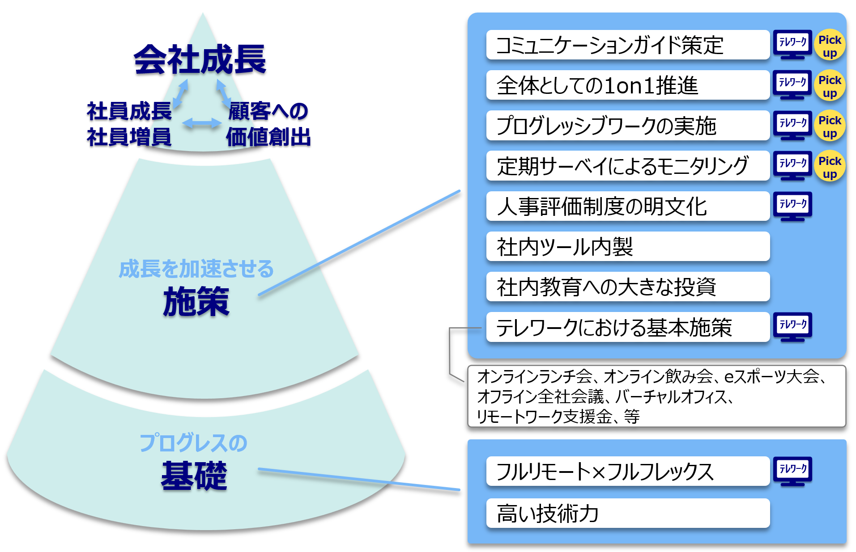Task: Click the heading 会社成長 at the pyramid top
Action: click(200, 59)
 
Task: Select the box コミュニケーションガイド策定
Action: click(627, 45)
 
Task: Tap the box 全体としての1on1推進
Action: click(627, 85)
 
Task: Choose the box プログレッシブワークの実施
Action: click(627, 126)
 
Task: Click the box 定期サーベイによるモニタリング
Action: click(627, 166)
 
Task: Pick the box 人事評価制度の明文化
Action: click(627, 206)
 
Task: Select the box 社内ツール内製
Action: click(627, 246)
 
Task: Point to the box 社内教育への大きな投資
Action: click(627, 287)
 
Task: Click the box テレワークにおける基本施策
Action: click(627, 327)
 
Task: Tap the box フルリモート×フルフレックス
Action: click(627, 471)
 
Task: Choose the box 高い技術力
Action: click(627, 513)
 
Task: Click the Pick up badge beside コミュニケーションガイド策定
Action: click(830, 46)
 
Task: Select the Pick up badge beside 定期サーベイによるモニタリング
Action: click(830, 167)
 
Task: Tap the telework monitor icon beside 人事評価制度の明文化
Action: click(792, 206)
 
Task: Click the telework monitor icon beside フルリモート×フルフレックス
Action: click(792, 471)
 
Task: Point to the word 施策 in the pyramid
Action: click(196, 302)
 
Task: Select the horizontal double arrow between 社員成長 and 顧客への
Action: click(202, 123)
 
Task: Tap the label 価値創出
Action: click(268, 137)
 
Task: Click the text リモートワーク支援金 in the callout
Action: click(543, 417)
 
